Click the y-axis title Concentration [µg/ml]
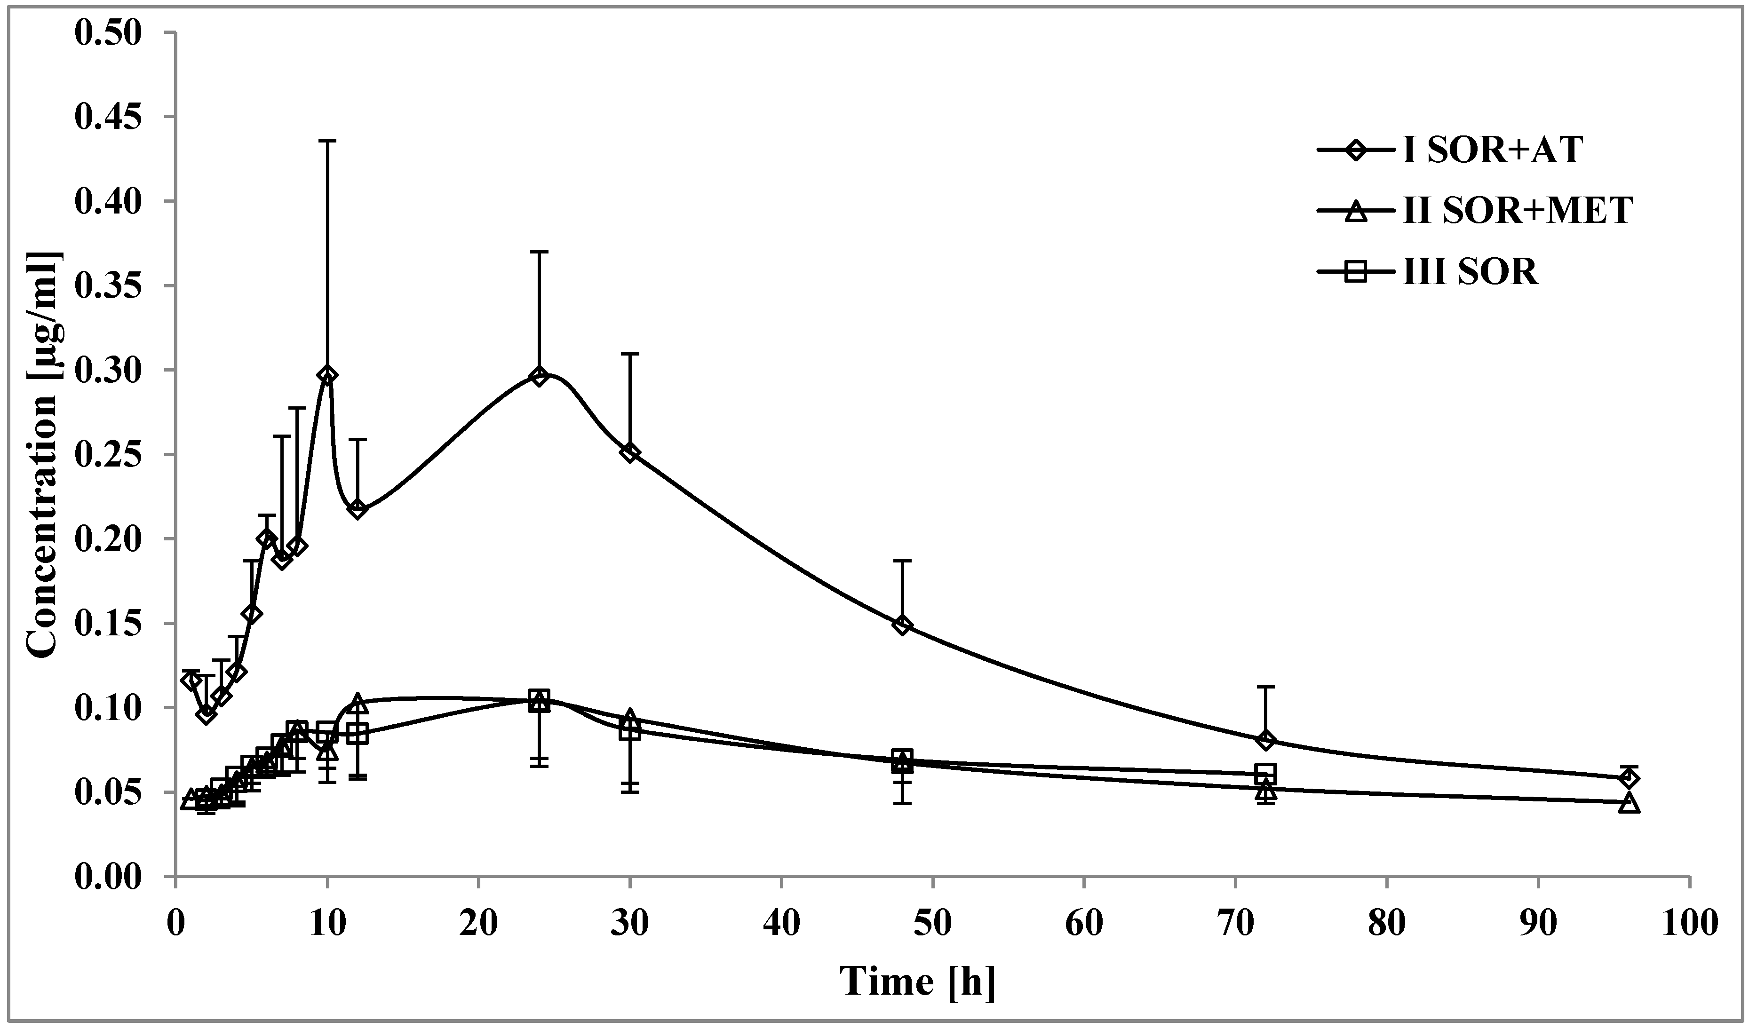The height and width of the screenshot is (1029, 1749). [43, 454]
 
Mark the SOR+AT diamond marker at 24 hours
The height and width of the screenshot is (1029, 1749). [539, 376]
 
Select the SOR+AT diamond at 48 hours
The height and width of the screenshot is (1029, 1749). [902, 625]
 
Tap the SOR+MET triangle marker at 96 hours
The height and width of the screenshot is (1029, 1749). [1629, 803]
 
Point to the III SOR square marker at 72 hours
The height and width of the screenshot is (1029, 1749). [1266, 773]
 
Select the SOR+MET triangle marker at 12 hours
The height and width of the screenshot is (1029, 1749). [358, 702]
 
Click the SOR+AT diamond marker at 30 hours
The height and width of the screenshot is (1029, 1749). [630, 452]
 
